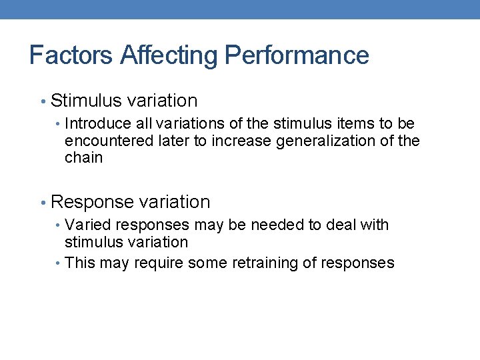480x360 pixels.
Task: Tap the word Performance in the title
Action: [297, 55]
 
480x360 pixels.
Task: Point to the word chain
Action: [83, 158]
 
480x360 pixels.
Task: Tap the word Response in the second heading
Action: [92, 202]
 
